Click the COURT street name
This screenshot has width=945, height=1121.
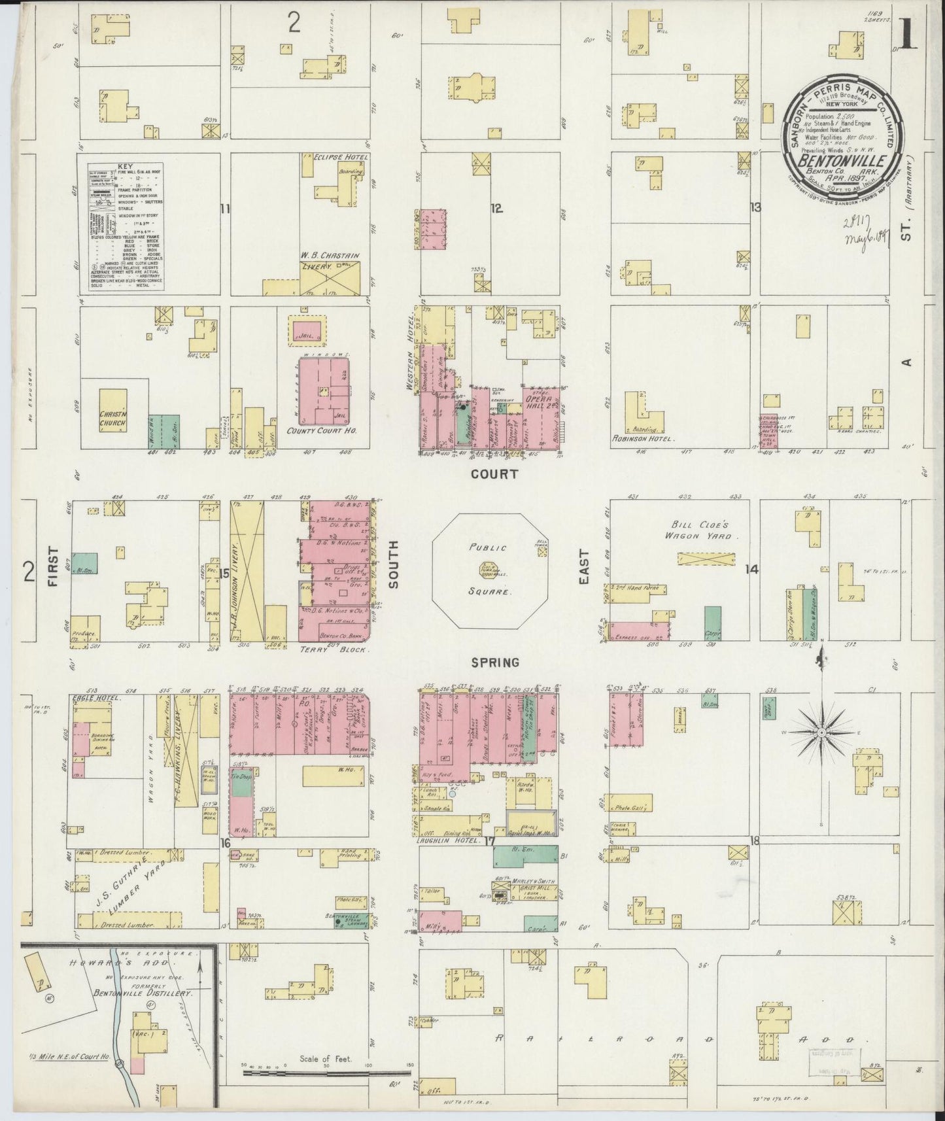(x=495, y=474)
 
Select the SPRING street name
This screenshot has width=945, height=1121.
(x=495, y=662)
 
